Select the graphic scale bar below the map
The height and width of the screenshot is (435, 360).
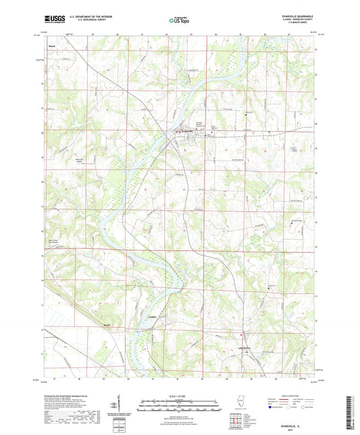179,403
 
